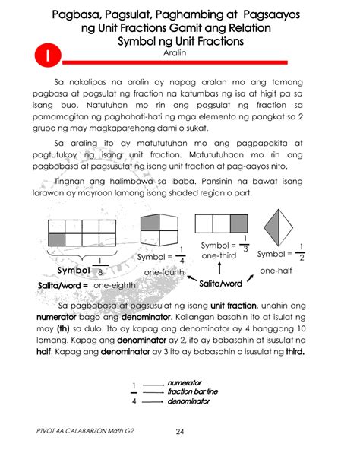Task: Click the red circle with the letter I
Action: (47, 54)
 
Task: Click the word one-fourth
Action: (164, 272)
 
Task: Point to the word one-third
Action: (220, 257)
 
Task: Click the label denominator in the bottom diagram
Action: (188, 401)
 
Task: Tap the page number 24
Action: (180, 433)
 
